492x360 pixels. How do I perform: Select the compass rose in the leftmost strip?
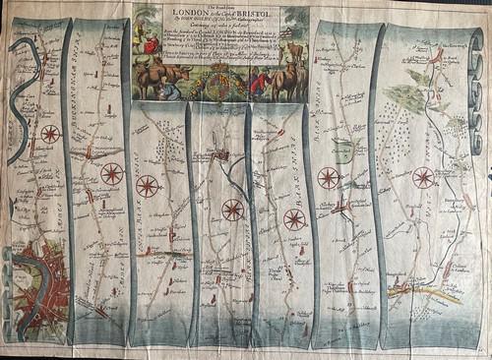[x=51, y=134]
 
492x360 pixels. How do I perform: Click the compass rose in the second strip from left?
[x=111, y=175]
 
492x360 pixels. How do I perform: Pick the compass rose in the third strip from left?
[x=148, y=183]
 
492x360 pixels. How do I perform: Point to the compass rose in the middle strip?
[x=232, y=209]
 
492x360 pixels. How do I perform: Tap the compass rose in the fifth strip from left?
[x=294, y=218]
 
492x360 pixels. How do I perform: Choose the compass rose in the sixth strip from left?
[x=329, y=178]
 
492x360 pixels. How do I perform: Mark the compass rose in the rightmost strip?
[x=423, y=178]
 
